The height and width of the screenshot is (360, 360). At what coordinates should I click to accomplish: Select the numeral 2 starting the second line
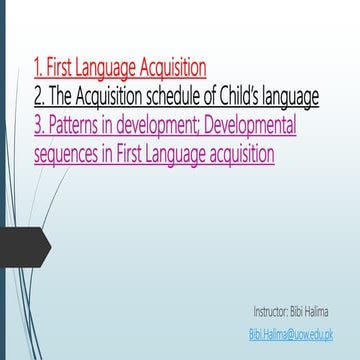pos(38,97)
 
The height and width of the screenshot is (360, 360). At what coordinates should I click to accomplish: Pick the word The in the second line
pos(60,97)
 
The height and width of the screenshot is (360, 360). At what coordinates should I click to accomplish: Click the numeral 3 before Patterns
pos(38,126)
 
